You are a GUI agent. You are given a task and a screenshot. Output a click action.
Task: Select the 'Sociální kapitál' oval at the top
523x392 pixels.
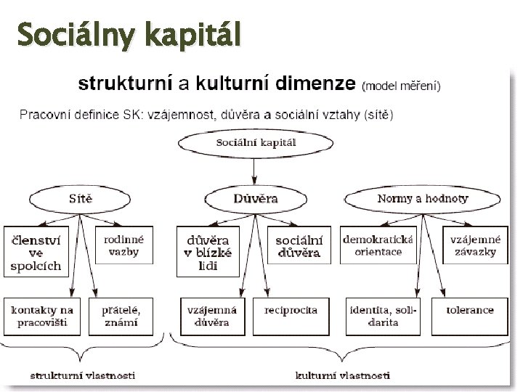(256, 143)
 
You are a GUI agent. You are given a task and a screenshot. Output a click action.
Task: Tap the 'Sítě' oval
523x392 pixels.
(80, 198)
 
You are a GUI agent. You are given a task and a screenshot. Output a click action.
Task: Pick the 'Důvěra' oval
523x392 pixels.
(256, 198)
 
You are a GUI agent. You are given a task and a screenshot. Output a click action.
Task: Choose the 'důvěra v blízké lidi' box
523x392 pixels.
(208, 251)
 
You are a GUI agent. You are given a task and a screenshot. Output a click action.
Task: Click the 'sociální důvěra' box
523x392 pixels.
(298, 245)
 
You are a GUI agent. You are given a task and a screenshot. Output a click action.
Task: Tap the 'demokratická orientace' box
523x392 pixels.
(378, 245)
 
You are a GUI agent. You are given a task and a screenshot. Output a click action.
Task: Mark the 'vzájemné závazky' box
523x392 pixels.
(474, 245)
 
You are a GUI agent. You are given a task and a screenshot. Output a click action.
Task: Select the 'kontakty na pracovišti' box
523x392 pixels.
(42, 317)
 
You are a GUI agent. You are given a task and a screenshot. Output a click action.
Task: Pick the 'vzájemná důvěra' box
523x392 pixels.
(208, 317)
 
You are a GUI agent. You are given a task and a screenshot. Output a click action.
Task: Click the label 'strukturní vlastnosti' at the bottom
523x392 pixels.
(82, 376)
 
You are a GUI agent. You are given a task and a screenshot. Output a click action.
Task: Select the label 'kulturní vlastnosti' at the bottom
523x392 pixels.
(343, 376)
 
